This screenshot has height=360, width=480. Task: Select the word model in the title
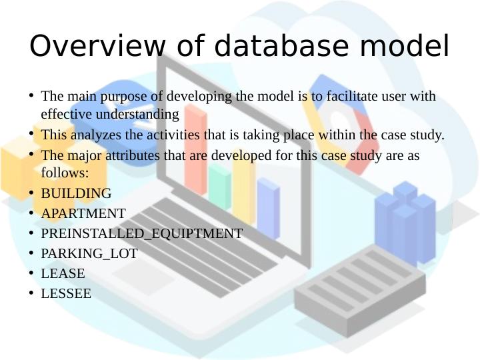point(406,47)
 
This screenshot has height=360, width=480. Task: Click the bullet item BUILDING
point(76,194)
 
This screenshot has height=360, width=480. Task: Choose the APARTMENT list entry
point(83,214)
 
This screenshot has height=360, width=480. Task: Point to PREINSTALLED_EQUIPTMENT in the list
point(141,234)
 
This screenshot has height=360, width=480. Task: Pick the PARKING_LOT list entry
point(89,254)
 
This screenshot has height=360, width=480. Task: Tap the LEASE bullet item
point(63,274)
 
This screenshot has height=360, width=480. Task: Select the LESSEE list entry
point(66,294)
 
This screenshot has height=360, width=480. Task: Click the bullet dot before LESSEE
point(31,293)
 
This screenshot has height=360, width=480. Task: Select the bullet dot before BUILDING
point(31,193)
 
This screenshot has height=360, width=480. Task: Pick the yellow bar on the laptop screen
point(243,187)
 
